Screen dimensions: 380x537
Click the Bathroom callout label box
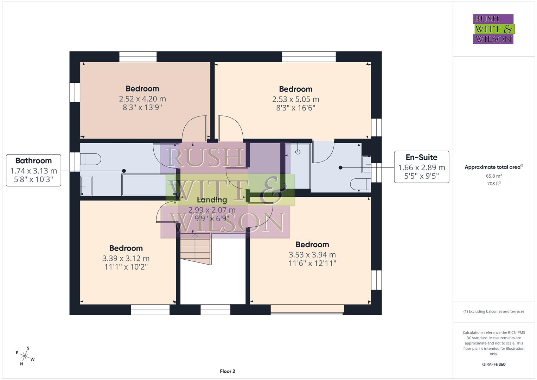point(33,170)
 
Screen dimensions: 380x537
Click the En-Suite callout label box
point(421,167)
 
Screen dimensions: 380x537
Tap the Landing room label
point(212,200)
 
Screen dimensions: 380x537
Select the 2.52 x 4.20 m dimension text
point(142,99)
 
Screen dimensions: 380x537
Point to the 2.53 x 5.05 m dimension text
point(295,99)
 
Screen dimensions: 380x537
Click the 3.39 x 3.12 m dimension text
point(126,258)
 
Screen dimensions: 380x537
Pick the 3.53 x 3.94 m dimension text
point(312,254)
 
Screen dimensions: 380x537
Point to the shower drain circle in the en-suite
point(298,152)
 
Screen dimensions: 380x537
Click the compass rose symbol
point(25,356)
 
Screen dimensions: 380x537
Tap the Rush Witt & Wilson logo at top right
point(493,29)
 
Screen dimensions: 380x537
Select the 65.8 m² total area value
point(493,176)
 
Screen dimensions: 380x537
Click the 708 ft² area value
point(493,184)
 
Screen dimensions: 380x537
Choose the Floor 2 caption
point(227,371)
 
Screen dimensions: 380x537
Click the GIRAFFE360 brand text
point(493,364)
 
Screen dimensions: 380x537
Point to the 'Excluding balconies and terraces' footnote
point(493,311)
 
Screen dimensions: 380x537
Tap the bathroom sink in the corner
point(86,185)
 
